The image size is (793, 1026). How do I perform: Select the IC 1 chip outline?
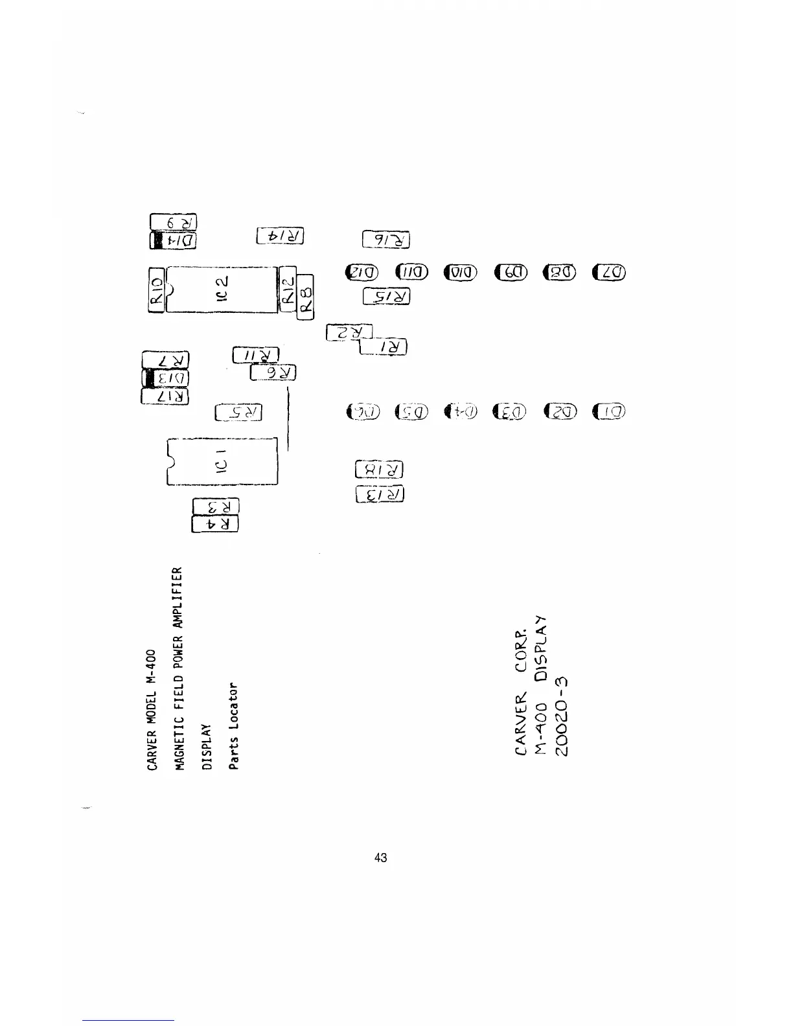click(x=222, y=462)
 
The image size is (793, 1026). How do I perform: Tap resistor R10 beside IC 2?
click(x=155, y=290)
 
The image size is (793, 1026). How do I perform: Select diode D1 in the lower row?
click(x=610, y=411)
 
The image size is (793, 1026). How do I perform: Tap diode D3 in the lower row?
click(x=510, y=411)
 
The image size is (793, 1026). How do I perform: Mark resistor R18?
click(x=380, y=469)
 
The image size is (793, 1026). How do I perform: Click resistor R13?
click(x=380, y=495)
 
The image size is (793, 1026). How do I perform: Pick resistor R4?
click(x=216, y=523)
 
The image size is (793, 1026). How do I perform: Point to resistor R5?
click(x=238, y=412)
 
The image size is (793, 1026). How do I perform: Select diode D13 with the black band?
click(x=166, y=378)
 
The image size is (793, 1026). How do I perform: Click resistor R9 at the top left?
click(x=173, y=222)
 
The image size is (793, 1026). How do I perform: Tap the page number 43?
click(x=381, y=858)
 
